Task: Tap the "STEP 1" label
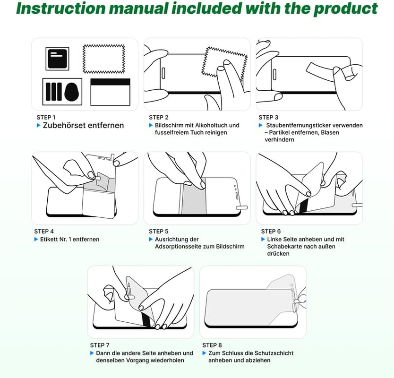pyautogui.click(x=46, y=117)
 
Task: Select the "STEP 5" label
pyautogui.click(x=159, y=231)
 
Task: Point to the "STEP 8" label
pyautogui.click(x=212, y=345)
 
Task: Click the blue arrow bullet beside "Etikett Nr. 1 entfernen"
pyautogui.click(x=36, y=239)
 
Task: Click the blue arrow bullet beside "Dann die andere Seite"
pyautogui.click(x=92, y=353)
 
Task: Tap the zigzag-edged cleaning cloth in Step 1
pyautogui.click(x=104, y=59)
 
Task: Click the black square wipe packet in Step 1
pyautogui.click(x=57, y=59)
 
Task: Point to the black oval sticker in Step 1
pyautogui.click(x=72, y=92)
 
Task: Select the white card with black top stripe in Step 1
pyautogui.click(x=110, y=92)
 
